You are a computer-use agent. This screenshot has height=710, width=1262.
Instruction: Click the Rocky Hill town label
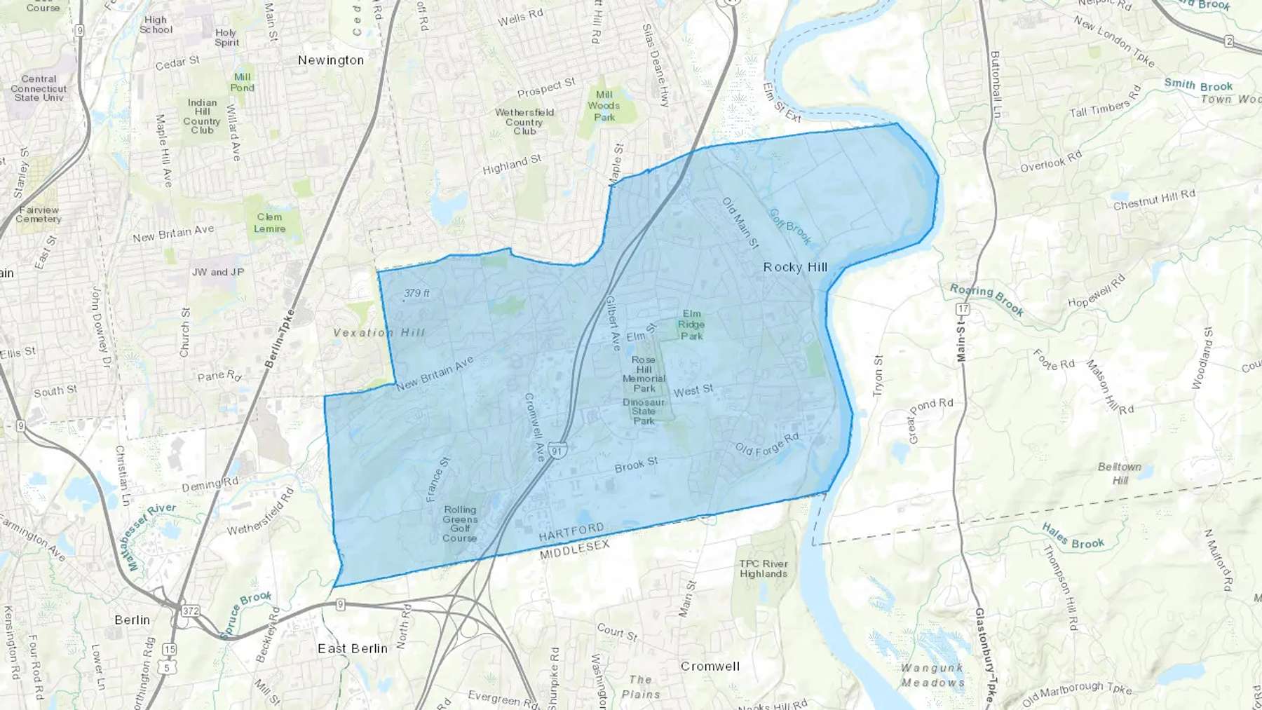pos(795,267)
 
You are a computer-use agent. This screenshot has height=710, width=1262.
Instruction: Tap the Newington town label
pos(331,60)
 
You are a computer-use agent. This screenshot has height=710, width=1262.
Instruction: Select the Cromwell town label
pos(710,666)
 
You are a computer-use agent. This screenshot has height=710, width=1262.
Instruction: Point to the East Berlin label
pos(353,648)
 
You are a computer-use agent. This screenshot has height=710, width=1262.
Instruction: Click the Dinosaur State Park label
pos(644,411)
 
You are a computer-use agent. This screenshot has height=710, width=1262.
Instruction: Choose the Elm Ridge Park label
pos(691,325)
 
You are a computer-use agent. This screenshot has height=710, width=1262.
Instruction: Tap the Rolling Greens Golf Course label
pos(460,524)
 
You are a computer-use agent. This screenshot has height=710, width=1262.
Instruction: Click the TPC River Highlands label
pos(764,568)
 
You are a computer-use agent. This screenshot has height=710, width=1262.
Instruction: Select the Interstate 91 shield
pos(557,451)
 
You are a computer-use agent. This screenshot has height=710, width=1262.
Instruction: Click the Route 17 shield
pos(963,309)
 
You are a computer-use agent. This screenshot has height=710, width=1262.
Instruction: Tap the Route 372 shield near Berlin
pos(190,610)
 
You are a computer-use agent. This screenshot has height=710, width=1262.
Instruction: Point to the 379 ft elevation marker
pos(416,293)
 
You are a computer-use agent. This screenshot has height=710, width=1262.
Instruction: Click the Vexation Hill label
pos(379,332)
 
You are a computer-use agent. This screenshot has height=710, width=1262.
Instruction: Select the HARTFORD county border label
pos(571,532)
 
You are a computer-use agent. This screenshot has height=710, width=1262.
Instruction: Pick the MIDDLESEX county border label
pos(575,549)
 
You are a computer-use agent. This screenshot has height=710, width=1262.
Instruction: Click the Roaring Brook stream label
pos(986,299)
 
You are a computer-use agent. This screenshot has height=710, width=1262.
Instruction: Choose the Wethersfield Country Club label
pos(524,121)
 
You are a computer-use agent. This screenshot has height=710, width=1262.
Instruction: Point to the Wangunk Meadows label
pos(932,675)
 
